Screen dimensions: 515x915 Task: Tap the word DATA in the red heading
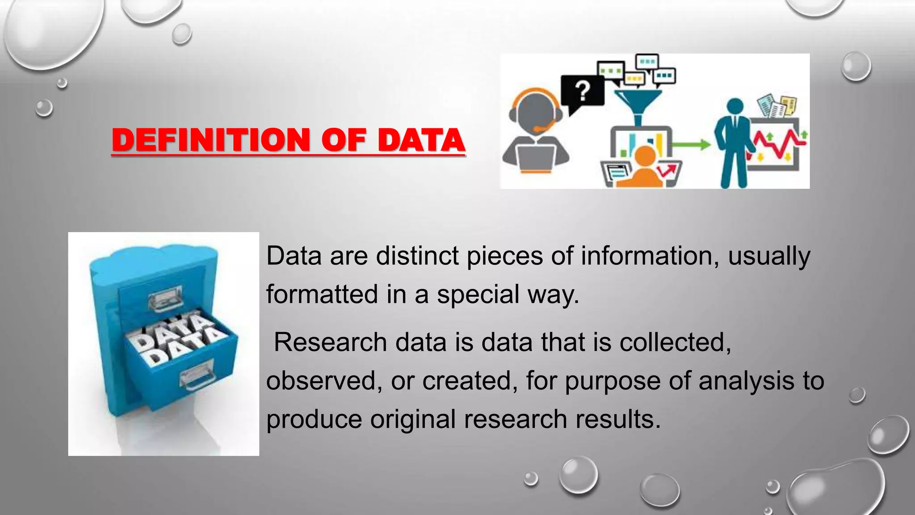(421, 140)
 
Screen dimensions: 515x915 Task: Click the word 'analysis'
(747, 381)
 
